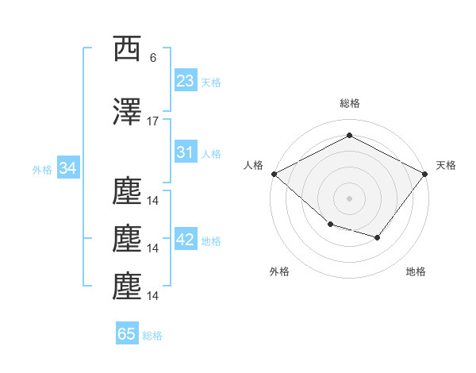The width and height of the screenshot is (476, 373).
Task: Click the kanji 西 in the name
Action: pyautogui.click(x=127, y=48)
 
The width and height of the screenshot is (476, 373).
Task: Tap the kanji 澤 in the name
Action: pyautogui.click(x=127, y=111)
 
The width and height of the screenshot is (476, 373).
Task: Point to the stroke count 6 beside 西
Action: pyautogui.click(x=153, y=58)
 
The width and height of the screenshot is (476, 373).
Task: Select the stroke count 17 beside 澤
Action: pyautogui.click(x=152, y=121)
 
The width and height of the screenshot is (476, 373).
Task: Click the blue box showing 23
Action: pyautogui.click(x=186, y=79)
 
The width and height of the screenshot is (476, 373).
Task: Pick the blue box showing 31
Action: pyautogui.click(x=186, y=152)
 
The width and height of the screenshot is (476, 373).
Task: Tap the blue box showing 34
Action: pyautogui.click(x=68, y=167)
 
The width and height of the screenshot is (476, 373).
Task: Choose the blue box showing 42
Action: pyautogui.click(x=186, y=238)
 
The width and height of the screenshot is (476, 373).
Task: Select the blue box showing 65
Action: pyautogui.click(x=127, y=333)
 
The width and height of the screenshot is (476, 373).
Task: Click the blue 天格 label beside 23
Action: pyautogui.click(x=211, y=83)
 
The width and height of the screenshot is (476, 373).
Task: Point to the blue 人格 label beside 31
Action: pyautogui.click(x=211, y=154)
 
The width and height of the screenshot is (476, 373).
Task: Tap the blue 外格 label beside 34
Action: pyautogui.click(x=42, y=170)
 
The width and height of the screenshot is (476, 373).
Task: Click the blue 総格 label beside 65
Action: pyautogui.click(x=152, y=336)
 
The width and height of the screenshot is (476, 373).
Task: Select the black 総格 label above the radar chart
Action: pyautogui.click(x=350, y=103)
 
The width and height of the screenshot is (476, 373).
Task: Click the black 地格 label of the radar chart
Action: pyautogui.click(x=416, y=271)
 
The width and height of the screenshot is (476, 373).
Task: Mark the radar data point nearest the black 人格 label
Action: pyautogui.click(x=274, y=174)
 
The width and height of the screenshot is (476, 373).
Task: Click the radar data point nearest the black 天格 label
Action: pyautogui.click(x=424, y=174)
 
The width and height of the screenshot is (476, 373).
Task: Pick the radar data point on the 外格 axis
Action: pyautogui.click(x=331, y=225)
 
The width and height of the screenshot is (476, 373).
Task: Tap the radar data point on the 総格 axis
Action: pyautogui.click(x=349, y=135)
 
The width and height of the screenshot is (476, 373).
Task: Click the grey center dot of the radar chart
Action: pyautogui.click(x=349, y=198)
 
